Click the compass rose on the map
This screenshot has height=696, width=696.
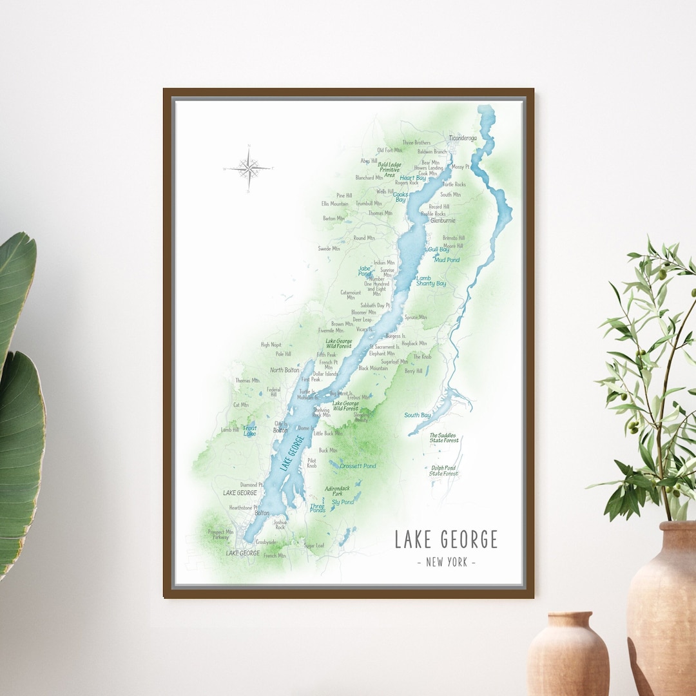(249, 168)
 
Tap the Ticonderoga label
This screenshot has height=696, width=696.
(462, 138)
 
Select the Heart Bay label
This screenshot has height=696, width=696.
(412, 178)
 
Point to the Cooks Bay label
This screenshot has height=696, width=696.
(400, 197)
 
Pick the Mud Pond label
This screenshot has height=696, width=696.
(447, 260)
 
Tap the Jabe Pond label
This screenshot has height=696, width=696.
(365, 271)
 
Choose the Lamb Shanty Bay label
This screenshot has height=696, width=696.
(430, 281)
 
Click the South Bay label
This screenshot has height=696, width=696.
(418, 416)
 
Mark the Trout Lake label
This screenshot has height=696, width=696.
(249, 430)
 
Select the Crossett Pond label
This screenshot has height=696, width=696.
(358, 466)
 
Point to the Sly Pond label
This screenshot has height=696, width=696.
(343, 502)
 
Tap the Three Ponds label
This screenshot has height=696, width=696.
(317, 508)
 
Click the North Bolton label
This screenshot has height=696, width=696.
(285, 370)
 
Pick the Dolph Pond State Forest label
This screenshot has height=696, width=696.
(444, 471)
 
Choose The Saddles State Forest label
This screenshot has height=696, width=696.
(444, 438)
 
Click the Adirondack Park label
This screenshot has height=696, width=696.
(338, 491)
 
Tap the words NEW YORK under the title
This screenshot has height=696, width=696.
(446, 562)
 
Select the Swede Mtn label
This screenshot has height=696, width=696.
(329, 249)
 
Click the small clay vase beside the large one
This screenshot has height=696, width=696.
(568, 653)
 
